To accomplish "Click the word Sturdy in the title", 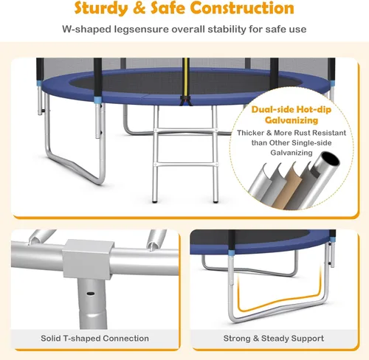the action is (x=101, y=8).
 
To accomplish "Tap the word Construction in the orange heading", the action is (x=242, y=7).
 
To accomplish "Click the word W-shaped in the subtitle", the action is (x=87, y=30).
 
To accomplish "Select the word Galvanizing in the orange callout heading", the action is (x=292, y=120).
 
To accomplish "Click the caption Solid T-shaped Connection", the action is (x=94, y=339).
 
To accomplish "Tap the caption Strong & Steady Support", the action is (x=274, y=339).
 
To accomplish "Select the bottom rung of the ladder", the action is (x=186, y=165).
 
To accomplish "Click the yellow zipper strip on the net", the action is (x=186, y=77).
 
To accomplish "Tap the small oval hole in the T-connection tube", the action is (x=91, y=294).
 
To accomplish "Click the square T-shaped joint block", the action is (x=88, y=260).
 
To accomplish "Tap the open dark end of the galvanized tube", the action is (x=331, y=159).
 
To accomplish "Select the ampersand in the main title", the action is (x=139, y=8).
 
